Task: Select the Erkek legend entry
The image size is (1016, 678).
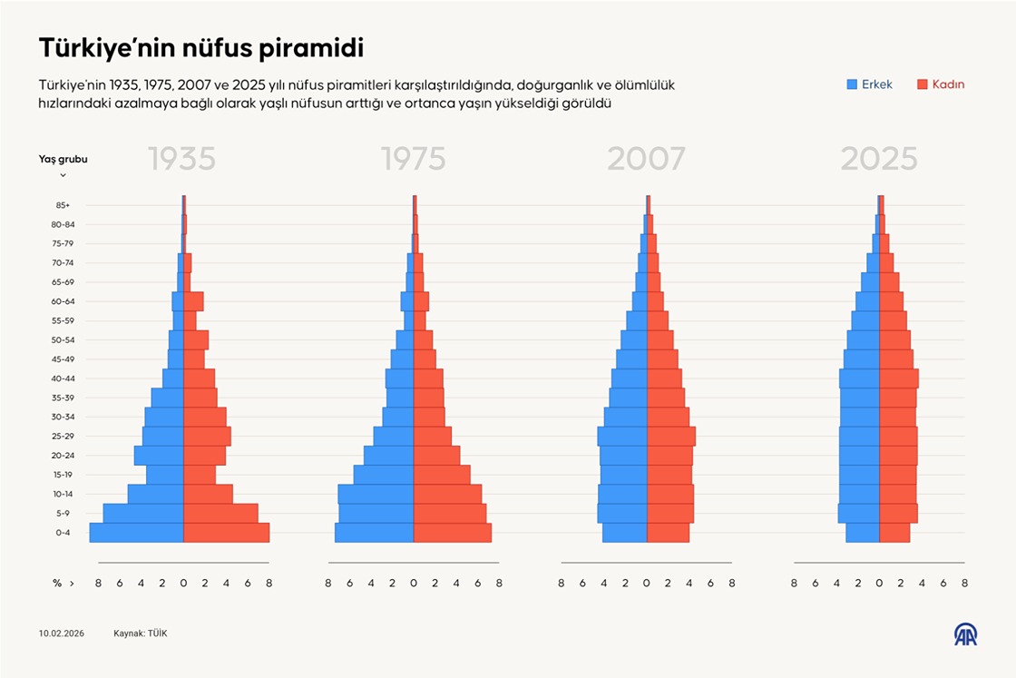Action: pos(870,84)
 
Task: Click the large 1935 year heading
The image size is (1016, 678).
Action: pos(181,160)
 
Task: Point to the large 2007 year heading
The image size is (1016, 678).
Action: pos(646,160)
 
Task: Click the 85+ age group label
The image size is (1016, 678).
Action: pos(63,205)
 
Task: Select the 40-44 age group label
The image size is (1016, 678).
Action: pos(63,378)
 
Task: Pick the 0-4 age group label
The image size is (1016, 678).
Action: pos(63,533)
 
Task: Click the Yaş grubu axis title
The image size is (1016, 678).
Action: pos(63,159)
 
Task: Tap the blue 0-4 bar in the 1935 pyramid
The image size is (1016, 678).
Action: pos(136,533)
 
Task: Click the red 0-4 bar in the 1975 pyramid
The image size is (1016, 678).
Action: pos(452,533)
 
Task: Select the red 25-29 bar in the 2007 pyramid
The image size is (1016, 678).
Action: pos(670,436)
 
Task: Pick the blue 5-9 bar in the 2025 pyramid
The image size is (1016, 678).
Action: pos(858,514)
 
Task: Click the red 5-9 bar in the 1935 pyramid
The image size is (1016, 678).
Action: pos(220,514)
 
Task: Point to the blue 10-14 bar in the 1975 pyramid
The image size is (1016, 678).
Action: pos(376,494)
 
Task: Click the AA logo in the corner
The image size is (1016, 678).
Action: pos(964,634)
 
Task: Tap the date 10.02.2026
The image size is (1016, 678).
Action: pos(62,634)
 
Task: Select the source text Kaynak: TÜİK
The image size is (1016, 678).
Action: pos(140,634)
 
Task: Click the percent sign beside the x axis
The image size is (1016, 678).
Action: pos(56,584)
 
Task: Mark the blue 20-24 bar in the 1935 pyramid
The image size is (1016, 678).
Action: pos(159,456)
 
